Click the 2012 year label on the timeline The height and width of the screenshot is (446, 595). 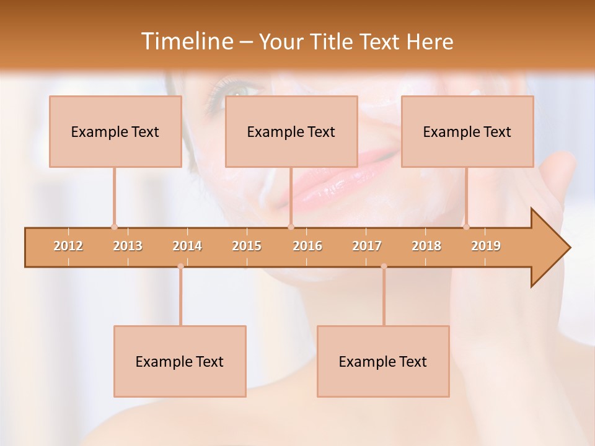[68, 246]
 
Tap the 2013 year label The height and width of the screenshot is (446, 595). [128, 246]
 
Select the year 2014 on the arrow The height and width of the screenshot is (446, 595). [187, 246]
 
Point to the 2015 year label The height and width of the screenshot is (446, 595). [247, 246]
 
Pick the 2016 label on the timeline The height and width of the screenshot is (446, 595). [307, 246]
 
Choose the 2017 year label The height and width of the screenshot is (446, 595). [367, 246]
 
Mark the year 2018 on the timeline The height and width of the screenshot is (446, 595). [426, 246]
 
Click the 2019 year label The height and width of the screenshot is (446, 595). [486, 246]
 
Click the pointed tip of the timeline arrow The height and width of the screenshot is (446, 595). [569, 248]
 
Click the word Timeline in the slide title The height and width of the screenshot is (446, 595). [186, 42]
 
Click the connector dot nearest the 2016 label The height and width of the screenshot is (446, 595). [291, 227]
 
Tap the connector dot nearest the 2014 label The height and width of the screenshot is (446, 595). [180, 266]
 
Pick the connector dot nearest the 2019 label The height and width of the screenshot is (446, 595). [466, 227]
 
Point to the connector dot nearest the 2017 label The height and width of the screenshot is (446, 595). [384, 266]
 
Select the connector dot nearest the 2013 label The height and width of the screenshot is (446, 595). [114, 227]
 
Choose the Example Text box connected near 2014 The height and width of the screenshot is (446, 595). [180, 361]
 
